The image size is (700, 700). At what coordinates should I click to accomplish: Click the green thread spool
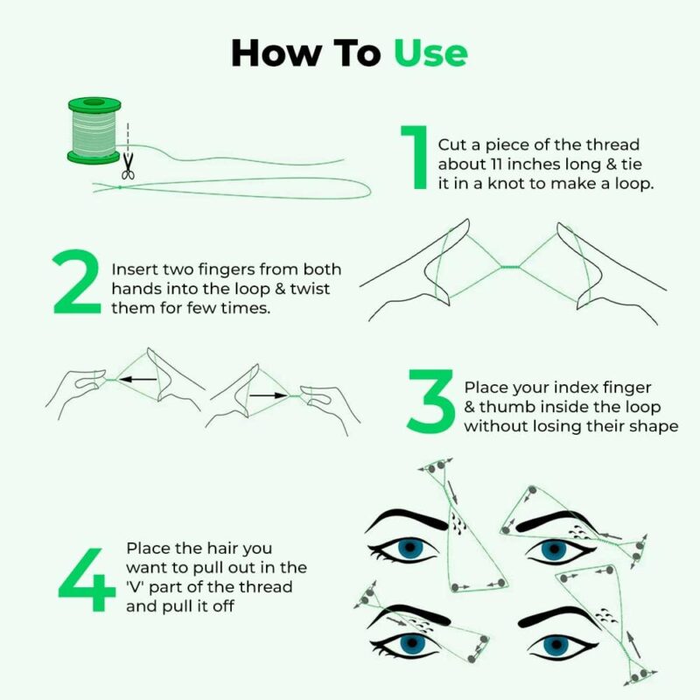[94, 130]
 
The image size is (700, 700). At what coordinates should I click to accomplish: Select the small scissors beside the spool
[129, 165]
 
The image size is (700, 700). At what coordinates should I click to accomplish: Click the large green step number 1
[413, 157]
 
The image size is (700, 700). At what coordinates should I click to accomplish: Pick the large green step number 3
[430, 401]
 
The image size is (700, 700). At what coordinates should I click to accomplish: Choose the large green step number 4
[87, 581]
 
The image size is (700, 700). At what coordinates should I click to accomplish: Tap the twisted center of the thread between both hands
[509, 267]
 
